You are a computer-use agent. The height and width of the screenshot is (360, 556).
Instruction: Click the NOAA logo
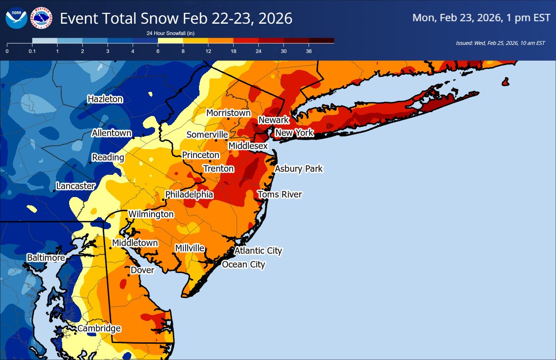pyautogui.click(x=16, y=18)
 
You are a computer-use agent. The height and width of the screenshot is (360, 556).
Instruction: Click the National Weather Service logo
pyautogui.click(x=41, y=18)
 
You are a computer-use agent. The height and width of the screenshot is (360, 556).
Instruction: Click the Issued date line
pyautogui.click(x=500, y=43)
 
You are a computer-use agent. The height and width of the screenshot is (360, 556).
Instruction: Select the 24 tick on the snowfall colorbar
pyautogui.click(x=258, y=51)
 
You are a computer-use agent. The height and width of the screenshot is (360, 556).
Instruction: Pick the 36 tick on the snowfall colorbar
pyautogui.click(x=309, y=51)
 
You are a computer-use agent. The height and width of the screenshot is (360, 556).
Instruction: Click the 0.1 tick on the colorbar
pyautogui.click(x=32, y=51)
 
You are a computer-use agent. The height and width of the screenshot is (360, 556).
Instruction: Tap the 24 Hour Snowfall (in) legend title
pyautogui.click(x=167, y=33)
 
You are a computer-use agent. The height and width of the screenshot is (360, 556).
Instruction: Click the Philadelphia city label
pyautogui.click(x=189, y=195)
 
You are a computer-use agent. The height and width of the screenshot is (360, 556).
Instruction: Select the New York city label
pyautogui.click(x=294, y=133)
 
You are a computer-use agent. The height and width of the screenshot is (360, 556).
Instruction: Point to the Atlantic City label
pyautogui.click(x=258, y=251)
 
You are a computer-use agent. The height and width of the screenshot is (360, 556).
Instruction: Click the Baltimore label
pyautogui.click(x=45, y=258)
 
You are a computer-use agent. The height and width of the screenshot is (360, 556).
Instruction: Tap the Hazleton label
pyautogui.click(x=105, y=99)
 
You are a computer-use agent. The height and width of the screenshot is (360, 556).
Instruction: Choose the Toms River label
pyautogui.click(x=279, y=195)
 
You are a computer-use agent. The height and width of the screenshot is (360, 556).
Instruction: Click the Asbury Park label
pyautogui.click(x=298, y=169)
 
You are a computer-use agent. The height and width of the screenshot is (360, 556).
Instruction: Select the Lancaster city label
pyautogui.click(x=75, y=186)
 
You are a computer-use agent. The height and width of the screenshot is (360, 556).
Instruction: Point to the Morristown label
pyautogui.click(x=228, y=113)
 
